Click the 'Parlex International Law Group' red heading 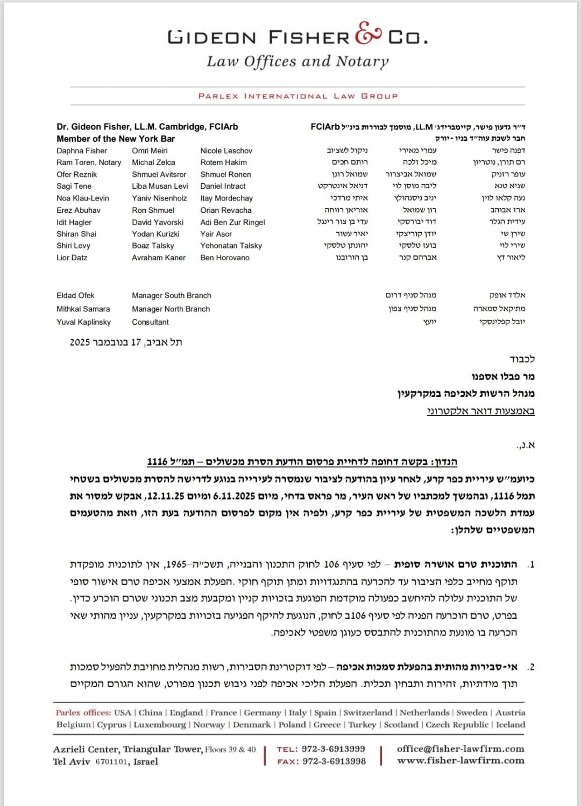[298, 96]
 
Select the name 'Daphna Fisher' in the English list [82, 151]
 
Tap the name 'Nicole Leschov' [226, 151]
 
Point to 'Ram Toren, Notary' [89, 162]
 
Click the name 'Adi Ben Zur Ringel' [232, 222]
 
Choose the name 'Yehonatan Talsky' [231, 246]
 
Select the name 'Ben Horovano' [225, 258]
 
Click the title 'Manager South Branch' [172, 295]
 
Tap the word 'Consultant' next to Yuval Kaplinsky [150, 322]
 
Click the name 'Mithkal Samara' [83, 309]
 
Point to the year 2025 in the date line [80, 342]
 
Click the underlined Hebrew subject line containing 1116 [302, 462]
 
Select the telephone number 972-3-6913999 [333, 749]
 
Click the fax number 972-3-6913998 [334, 761]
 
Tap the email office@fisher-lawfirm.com [460, 749]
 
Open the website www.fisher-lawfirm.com [460, 761]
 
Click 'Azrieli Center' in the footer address [86, 750]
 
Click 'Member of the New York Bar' [116, 139]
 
